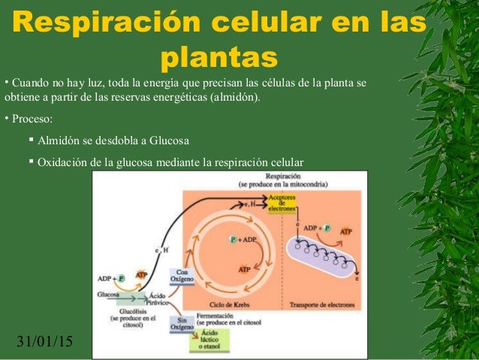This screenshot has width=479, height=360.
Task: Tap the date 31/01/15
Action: (x=44, y=343)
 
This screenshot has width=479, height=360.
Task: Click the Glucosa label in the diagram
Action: (x=108, y=295)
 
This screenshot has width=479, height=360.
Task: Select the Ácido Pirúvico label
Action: (x=156, y=298)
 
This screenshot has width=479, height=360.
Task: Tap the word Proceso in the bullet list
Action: (x=31, y=119)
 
